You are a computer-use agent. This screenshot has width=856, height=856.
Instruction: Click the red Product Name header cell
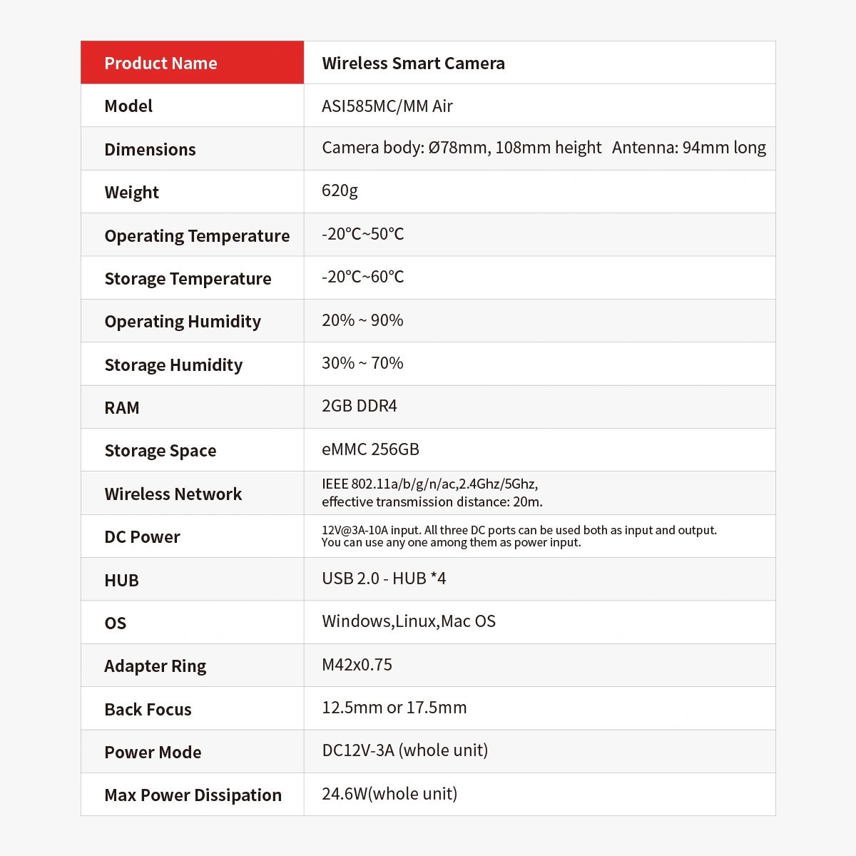(x=192, y=63)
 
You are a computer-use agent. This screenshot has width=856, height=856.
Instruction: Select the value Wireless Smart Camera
(x=413, y=63)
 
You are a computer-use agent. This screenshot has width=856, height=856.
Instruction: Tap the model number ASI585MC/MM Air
(x=387, y=106)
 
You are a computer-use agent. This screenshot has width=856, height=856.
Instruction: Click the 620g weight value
(x=340, y=190)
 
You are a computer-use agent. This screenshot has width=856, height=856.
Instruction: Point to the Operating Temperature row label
(x=197, y=235)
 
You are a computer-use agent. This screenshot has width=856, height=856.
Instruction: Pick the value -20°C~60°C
(x=362, y=277)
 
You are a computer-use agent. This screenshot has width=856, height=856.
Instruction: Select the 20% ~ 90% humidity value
(x=362, y=320)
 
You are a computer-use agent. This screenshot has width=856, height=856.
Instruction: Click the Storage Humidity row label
(x=173, y=365)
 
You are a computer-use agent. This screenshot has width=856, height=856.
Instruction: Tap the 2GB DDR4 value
(x=360, y=406)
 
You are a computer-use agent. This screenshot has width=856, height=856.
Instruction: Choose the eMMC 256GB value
(x=370, y=449)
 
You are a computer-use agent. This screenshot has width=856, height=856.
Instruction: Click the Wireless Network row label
(x=173, y=494)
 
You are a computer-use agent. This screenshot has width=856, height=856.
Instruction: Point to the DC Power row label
(x=142, y=536)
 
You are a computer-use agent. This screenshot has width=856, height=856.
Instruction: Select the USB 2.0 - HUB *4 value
(x=384, y=579)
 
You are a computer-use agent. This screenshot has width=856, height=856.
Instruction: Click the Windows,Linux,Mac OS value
(x=409, y=621)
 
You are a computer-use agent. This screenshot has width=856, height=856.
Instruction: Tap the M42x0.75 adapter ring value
(x=357, y=665)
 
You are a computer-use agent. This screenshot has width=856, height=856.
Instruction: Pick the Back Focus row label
(x=148, y=709)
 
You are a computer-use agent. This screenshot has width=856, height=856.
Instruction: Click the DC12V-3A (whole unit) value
(x=404, y=750)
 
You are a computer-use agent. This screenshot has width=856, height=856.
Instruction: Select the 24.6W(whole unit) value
(x=389, y=794)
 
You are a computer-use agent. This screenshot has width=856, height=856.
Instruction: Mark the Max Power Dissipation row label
(x=193, y=795)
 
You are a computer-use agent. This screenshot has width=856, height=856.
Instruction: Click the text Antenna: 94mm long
(x=688, y=148)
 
